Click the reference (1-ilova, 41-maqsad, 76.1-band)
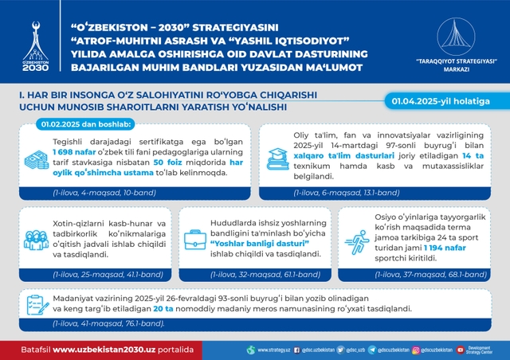[108, 323]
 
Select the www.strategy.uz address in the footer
[271, 349]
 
